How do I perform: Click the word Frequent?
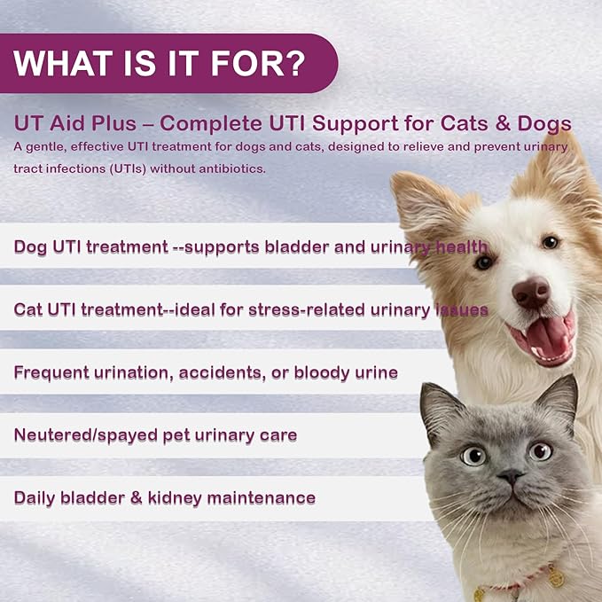(55, 371)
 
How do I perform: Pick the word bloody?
(321, 371)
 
